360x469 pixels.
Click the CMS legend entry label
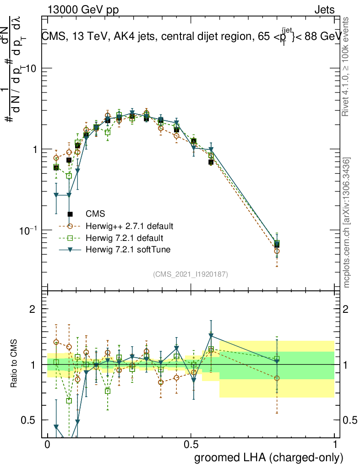point(95,214)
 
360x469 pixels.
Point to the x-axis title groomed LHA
point(269,457)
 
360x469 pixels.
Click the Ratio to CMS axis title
point(15,364)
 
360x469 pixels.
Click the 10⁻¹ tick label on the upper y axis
point(30,230)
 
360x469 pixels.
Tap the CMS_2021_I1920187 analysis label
point(191,274)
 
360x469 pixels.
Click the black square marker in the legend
point(70,214)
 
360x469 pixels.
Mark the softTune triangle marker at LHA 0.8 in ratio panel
point(277,362)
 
